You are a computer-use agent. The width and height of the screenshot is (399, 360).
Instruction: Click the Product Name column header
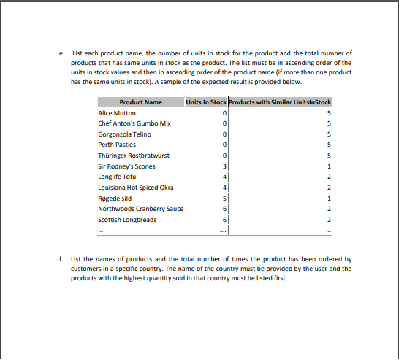[x=140, y=102]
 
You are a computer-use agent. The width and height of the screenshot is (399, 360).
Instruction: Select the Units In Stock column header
[x=207, y=102]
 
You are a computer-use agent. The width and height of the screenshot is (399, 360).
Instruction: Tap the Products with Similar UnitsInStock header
[x=281, y=102]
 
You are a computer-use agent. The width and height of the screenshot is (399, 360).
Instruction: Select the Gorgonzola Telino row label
[x=124, y=134]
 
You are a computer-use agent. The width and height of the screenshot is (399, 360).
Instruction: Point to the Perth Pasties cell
[x=117, y=145]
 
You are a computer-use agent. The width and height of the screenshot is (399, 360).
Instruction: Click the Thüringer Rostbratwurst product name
[x=129, y=156]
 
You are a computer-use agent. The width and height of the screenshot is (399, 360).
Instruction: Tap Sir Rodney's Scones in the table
[x=126, y=166]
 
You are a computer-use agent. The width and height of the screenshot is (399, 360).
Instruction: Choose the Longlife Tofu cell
[x=117, y=177]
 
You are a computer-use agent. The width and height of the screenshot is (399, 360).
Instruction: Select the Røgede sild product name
[x=115, y=198]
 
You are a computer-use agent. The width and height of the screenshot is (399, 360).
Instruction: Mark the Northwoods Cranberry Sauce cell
[x=140, y=209]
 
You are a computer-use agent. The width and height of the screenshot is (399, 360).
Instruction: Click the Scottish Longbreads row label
[x=126, y=220]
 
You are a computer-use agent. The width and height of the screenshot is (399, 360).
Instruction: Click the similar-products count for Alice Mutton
[x=330, y=113]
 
